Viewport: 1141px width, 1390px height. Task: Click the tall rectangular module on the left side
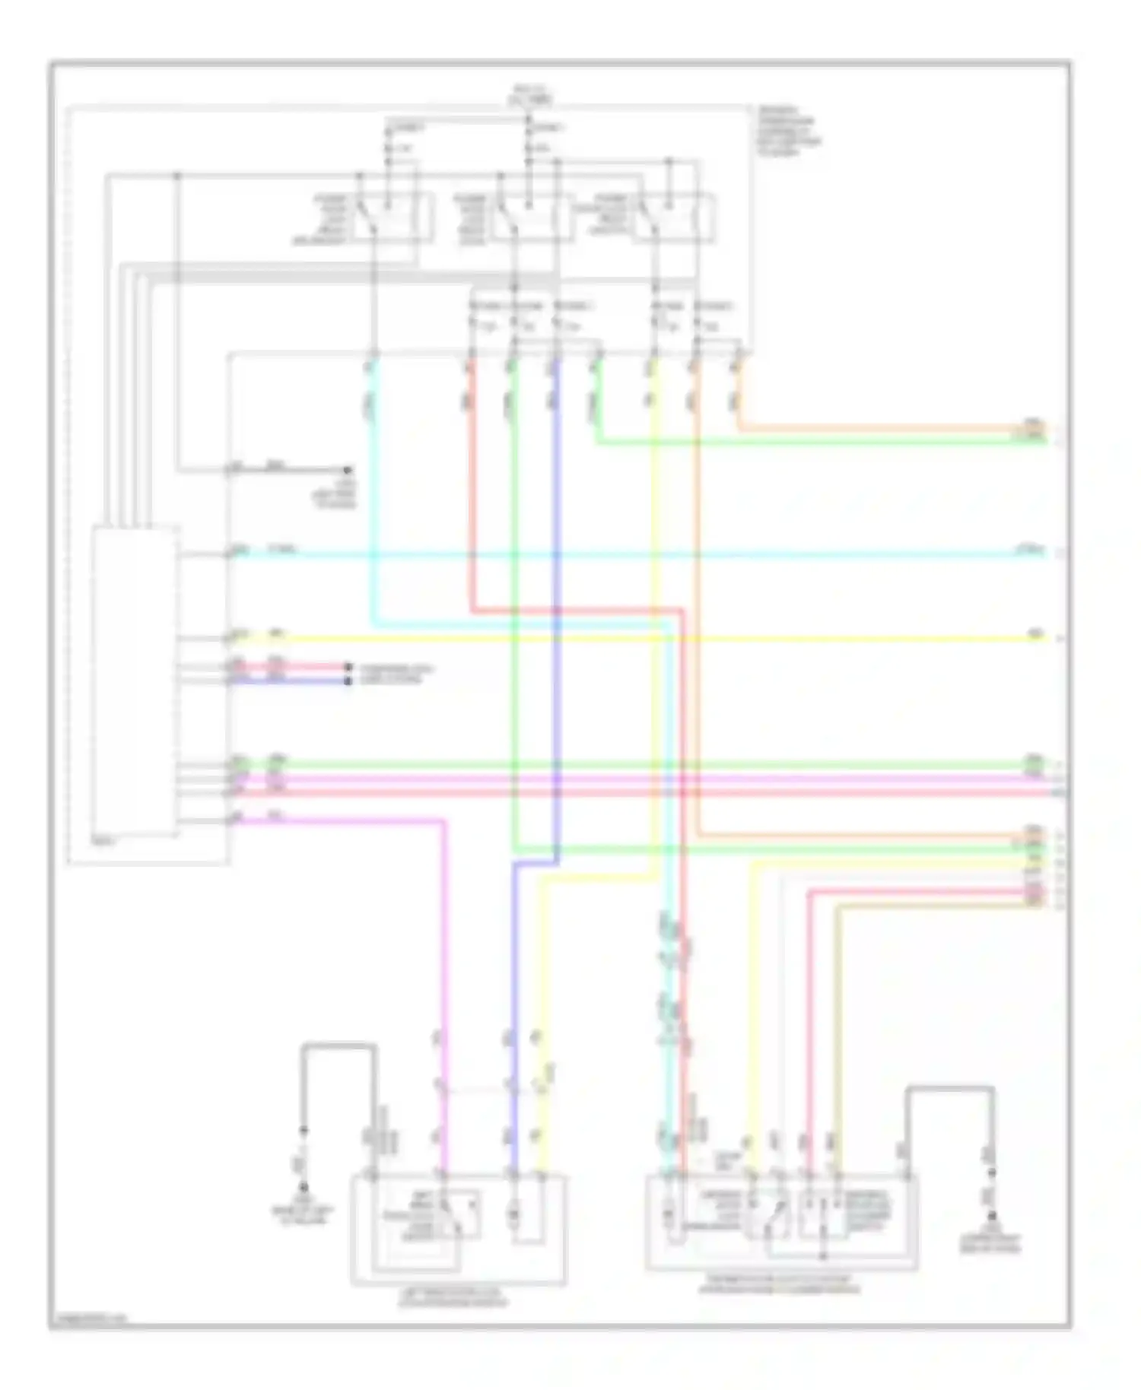135,681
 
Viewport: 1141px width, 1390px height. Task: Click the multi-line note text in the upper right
787,132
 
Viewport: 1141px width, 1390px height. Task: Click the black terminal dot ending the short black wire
348,470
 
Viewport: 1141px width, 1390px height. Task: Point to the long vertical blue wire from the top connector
557,608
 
